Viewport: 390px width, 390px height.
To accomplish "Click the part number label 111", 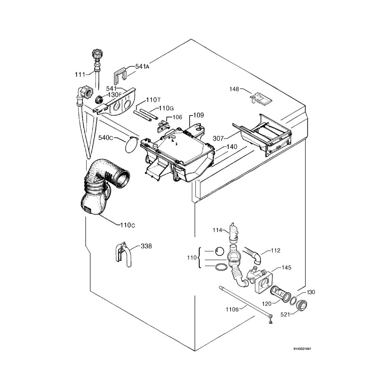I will pyautogui.click(x=80, y=75).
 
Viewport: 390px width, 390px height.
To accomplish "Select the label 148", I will pyautogui.click(x=234, y=89).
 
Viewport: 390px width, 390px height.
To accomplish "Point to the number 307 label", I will pyautogui.click(x=218, y=139).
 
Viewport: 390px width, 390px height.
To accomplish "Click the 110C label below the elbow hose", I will pyautogui.click(x=128, y=225).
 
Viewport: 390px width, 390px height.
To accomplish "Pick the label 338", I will pyautogui.click(x=146, y=246).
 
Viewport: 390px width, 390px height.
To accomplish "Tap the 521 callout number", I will pyautogui.click(x=286, y=315).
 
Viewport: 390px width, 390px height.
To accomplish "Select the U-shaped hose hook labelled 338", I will pyautogui.click(x=121, y=253).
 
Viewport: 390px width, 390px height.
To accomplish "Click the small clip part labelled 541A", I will pyautogui.click(x=120, y=75).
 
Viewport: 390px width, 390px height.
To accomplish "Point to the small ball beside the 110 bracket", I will pyautogui.click(x=219, y=251).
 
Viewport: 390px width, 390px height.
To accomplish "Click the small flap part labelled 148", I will pyautogui.click(x=261, y=98).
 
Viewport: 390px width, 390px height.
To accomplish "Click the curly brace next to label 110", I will pyautogui.click(x=200, y=258).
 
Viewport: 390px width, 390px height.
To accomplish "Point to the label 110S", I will pyautogui.click(x=232, y=309).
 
